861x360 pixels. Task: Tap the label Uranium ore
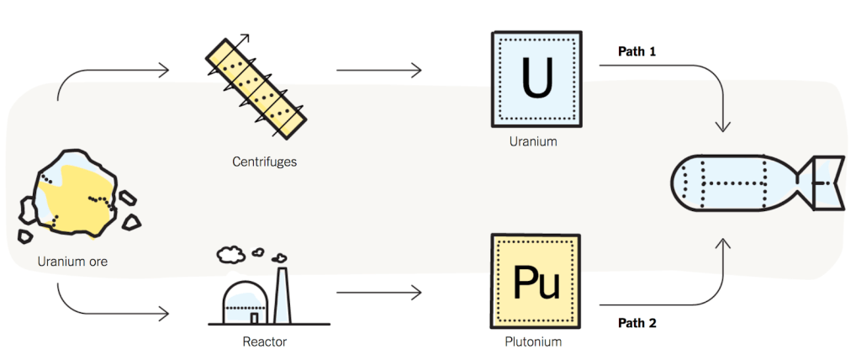72,262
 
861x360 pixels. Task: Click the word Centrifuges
265,161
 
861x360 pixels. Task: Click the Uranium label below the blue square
533,141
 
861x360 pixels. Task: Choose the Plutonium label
533,342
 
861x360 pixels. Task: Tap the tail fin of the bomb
821,182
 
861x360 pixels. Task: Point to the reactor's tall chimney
282,294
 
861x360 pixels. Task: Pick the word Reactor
265,342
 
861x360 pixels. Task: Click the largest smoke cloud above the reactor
230,253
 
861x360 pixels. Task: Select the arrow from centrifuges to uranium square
378,70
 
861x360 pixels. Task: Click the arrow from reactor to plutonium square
378,293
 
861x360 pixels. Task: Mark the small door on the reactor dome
254,318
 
